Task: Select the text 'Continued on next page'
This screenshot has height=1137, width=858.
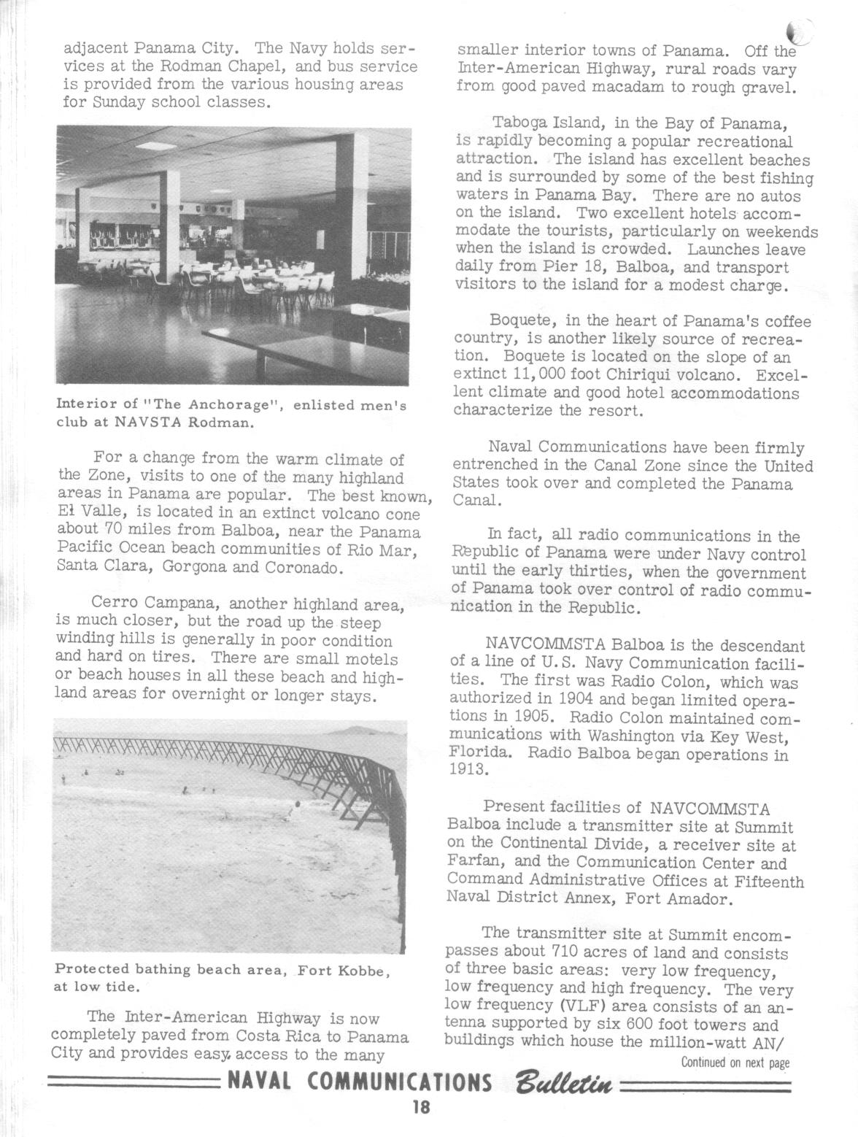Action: [735, 1063]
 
